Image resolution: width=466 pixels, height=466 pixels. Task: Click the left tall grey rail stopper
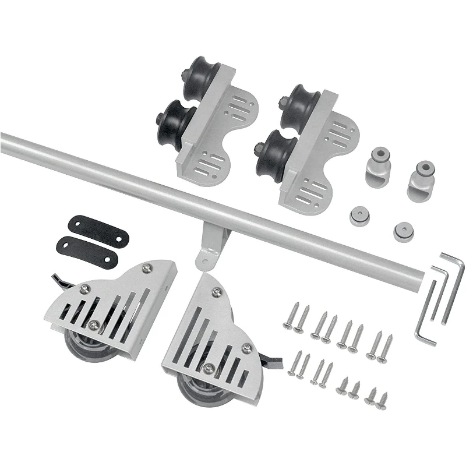tap(376, 169)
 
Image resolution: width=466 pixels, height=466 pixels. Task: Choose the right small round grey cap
tap(403, 231)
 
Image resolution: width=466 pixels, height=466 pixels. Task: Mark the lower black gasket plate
tap(88, 249)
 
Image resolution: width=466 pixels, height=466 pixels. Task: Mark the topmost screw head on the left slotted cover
tap(147, 268)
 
